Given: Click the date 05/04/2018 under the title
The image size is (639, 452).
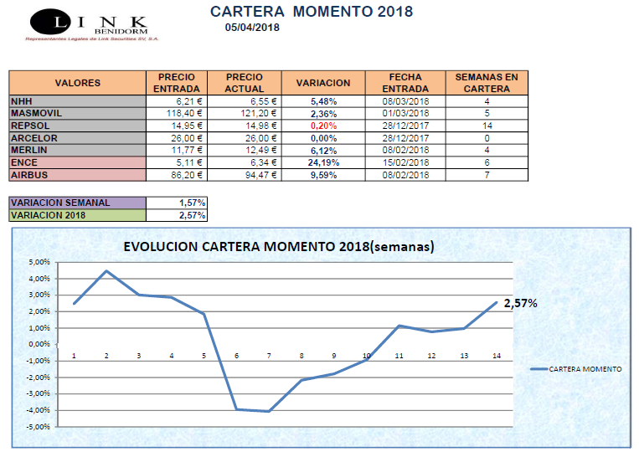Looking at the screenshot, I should pos(252,27).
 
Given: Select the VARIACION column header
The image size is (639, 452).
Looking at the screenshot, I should pos(323,83).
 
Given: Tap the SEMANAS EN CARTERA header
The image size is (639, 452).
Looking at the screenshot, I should pos(486,83).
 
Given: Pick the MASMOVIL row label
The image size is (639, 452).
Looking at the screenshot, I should pos(37,113).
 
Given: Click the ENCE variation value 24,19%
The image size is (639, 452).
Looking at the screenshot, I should pos(323,162).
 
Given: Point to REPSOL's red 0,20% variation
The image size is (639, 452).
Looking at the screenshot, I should pos(323,126).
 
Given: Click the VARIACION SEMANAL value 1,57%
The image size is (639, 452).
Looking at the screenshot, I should pos(193,203).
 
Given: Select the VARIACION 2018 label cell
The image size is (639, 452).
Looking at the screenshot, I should pos(77,216).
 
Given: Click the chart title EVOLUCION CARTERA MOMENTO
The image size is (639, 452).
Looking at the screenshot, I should pos(278,248).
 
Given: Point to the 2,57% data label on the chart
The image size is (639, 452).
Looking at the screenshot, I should pos(520,303).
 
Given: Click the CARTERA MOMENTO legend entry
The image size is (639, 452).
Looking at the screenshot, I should pos(577,368).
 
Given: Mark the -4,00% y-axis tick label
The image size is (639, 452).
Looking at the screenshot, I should pos(39,410).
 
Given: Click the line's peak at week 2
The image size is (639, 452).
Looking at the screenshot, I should pos(106,271).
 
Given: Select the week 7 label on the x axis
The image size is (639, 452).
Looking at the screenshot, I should pos(269,356).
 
